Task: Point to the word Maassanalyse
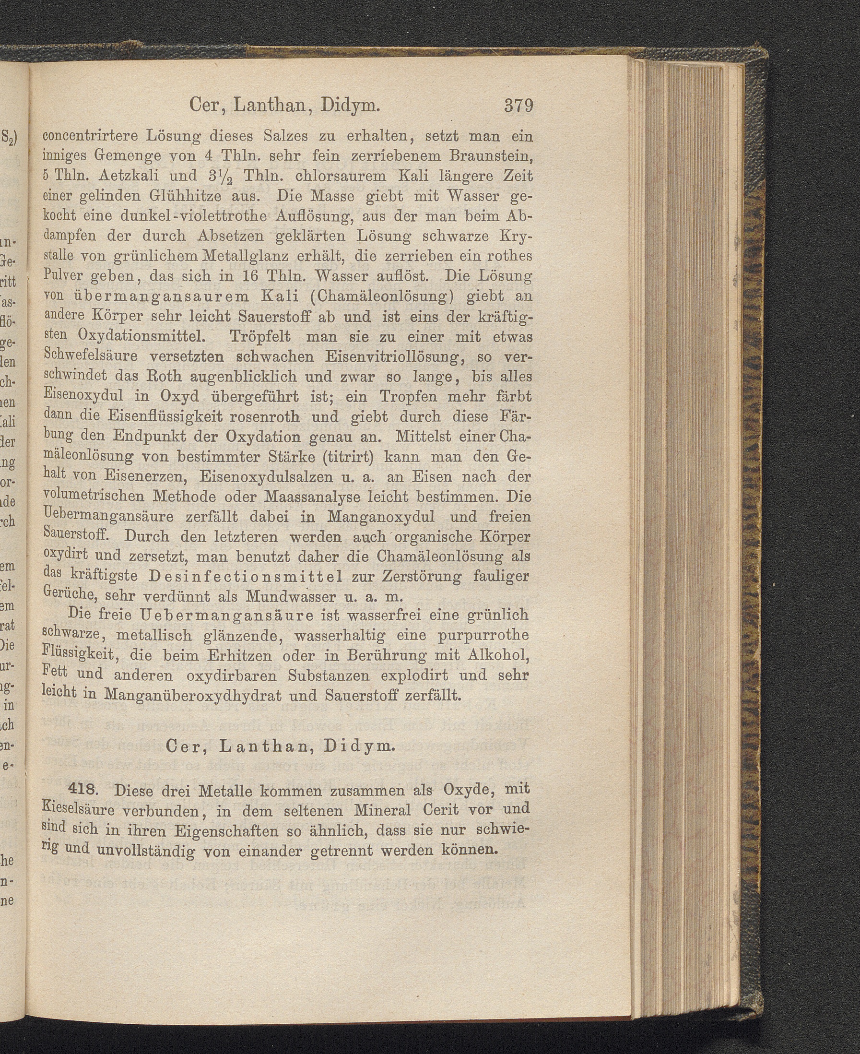point(318,496)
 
